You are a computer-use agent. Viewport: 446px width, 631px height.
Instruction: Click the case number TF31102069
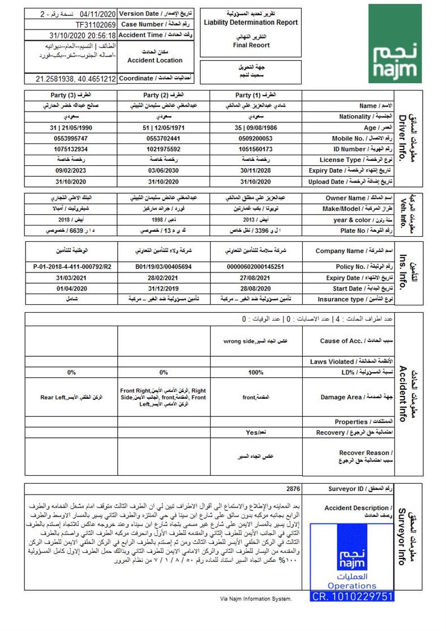coord(96,25)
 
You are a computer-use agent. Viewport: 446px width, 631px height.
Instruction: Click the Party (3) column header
coord(71,95)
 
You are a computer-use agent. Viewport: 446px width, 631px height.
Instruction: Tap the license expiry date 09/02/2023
coord(71,170)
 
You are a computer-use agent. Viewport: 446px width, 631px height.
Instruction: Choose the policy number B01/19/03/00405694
coord(164,266)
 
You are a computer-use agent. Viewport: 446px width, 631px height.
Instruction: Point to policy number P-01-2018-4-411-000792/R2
coord(71,266)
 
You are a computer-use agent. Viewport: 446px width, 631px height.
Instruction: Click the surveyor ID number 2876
coord(293,489)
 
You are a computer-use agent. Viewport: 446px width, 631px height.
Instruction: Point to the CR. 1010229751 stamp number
coord(352,596)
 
